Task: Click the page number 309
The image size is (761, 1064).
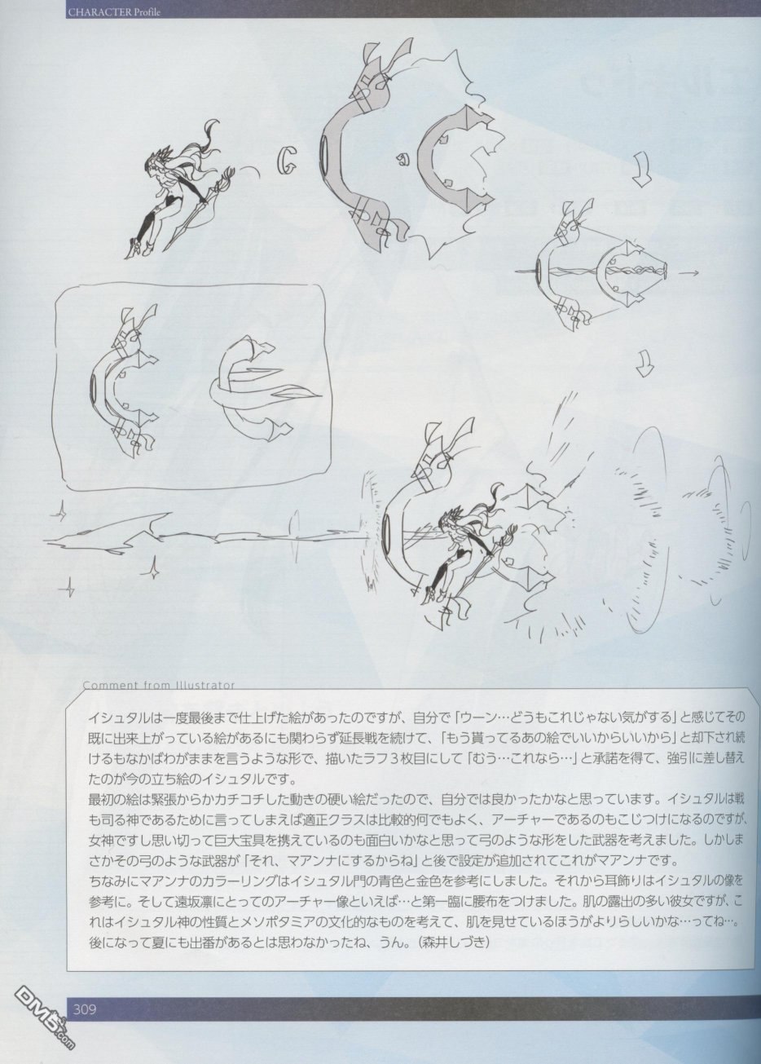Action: (x=85, y=1022)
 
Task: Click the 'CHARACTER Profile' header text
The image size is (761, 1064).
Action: (x=114, y=12)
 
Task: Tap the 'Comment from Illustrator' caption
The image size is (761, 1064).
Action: (x=159, y=685)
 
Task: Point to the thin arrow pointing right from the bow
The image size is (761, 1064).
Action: (x=687, y=272)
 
